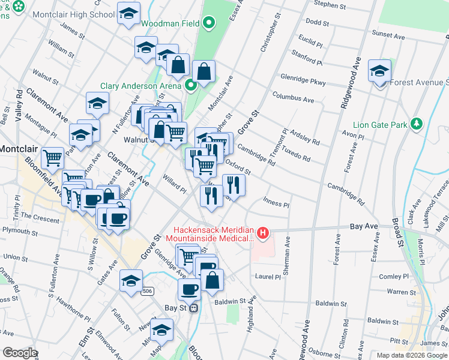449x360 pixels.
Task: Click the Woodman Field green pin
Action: (209, 24)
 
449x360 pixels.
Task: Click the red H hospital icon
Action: (262, 232)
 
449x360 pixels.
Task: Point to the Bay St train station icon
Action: (193, 308)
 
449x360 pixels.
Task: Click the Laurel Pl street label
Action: (268, 277)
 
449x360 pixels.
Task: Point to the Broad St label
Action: (398, 232)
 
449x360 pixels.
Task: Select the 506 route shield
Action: (148, 292)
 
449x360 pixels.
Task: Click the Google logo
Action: (19, 353)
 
